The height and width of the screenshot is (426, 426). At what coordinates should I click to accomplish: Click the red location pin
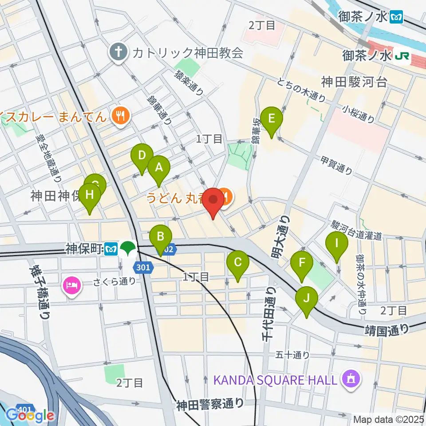coord(213,202)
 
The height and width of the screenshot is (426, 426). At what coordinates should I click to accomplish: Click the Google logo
coord(30,415)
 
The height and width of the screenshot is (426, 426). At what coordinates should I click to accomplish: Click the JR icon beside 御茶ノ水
coord(402,56)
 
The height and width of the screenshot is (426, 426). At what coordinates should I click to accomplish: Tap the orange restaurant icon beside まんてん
coord(120,116)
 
